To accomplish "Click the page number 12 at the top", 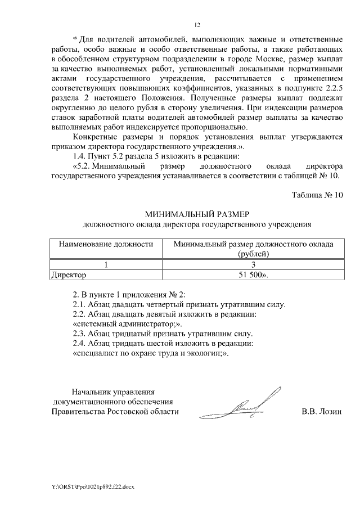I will coord(197,25).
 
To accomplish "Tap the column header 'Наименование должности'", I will coord(102,245).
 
